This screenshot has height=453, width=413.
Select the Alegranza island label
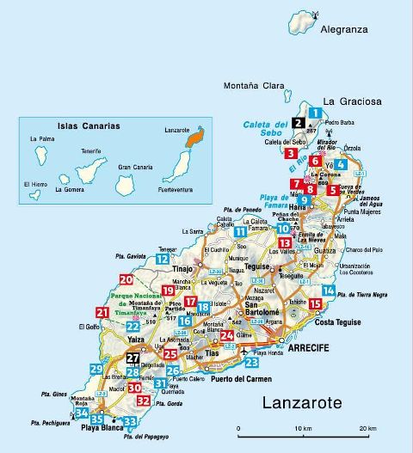(344, 28)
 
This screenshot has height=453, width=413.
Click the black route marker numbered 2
(298, 123)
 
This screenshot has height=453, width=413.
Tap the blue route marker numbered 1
(316, 113)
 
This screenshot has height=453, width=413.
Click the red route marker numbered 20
(126, 279)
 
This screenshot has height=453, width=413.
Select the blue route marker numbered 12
(162, 259)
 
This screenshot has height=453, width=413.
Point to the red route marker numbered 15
(316, 303)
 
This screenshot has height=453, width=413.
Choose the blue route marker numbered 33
(130, 421)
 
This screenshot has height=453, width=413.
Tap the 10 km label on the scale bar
(301, 429)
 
